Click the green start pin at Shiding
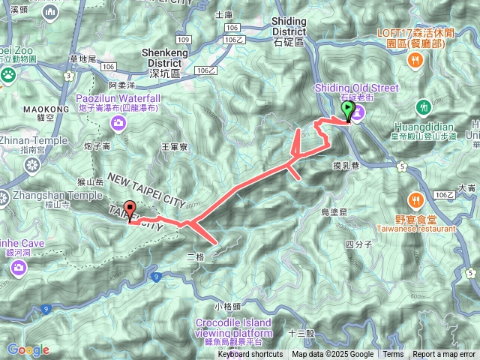pos(348,111)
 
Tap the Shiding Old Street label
pos(359,88)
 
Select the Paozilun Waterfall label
pos(118,98)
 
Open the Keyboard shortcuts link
pos(250,354)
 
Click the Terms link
pos(393,354)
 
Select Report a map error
pos(445,354)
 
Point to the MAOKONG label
pos(22,108)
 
